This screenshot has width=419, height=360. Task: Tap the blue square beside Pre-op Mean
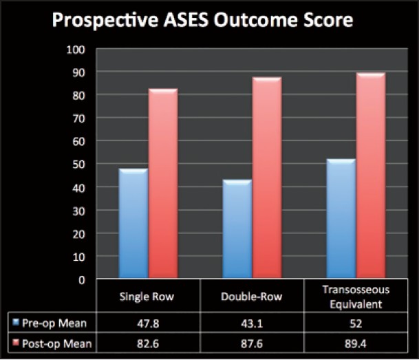pyautogui.click(x=16, y=322)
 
